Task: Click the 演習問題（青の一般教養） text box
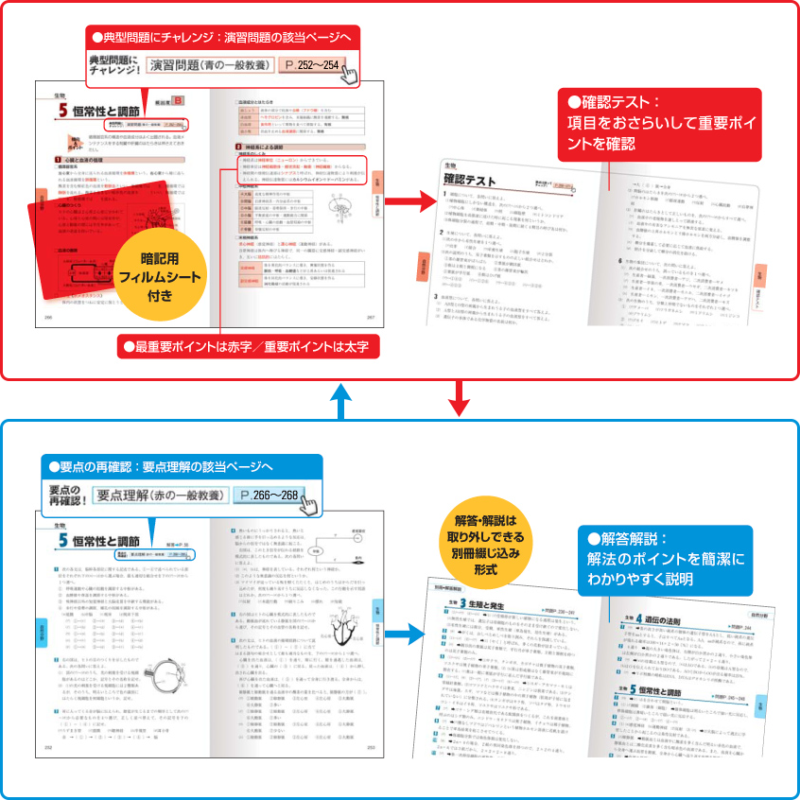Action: (x=211, y=67)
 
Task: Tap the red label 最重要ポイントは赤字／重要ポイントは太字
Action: (x=251, y=347)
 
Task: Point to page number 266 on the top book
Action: (x=47, y=319)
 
